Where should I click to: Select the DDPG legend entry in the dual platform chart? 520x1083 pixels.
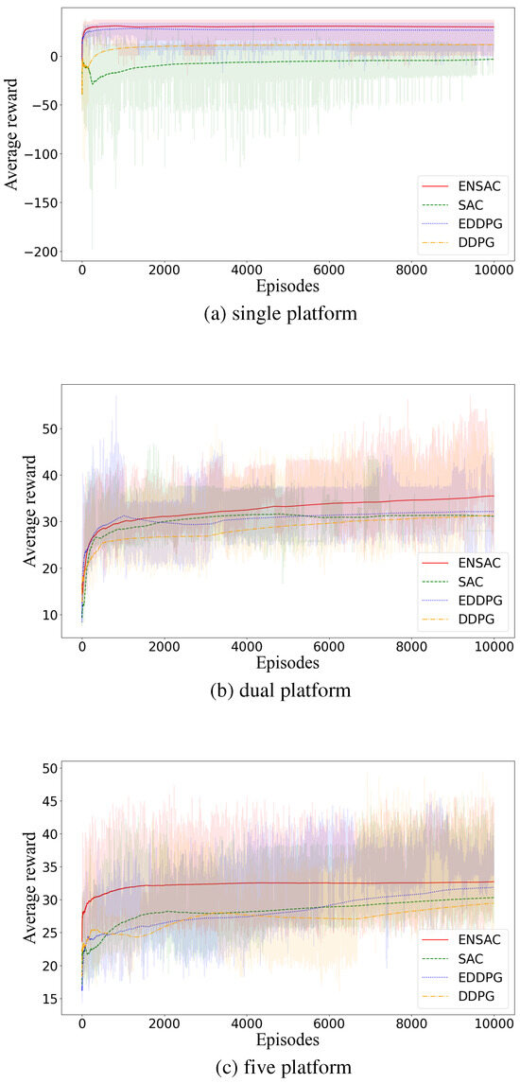468,620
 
